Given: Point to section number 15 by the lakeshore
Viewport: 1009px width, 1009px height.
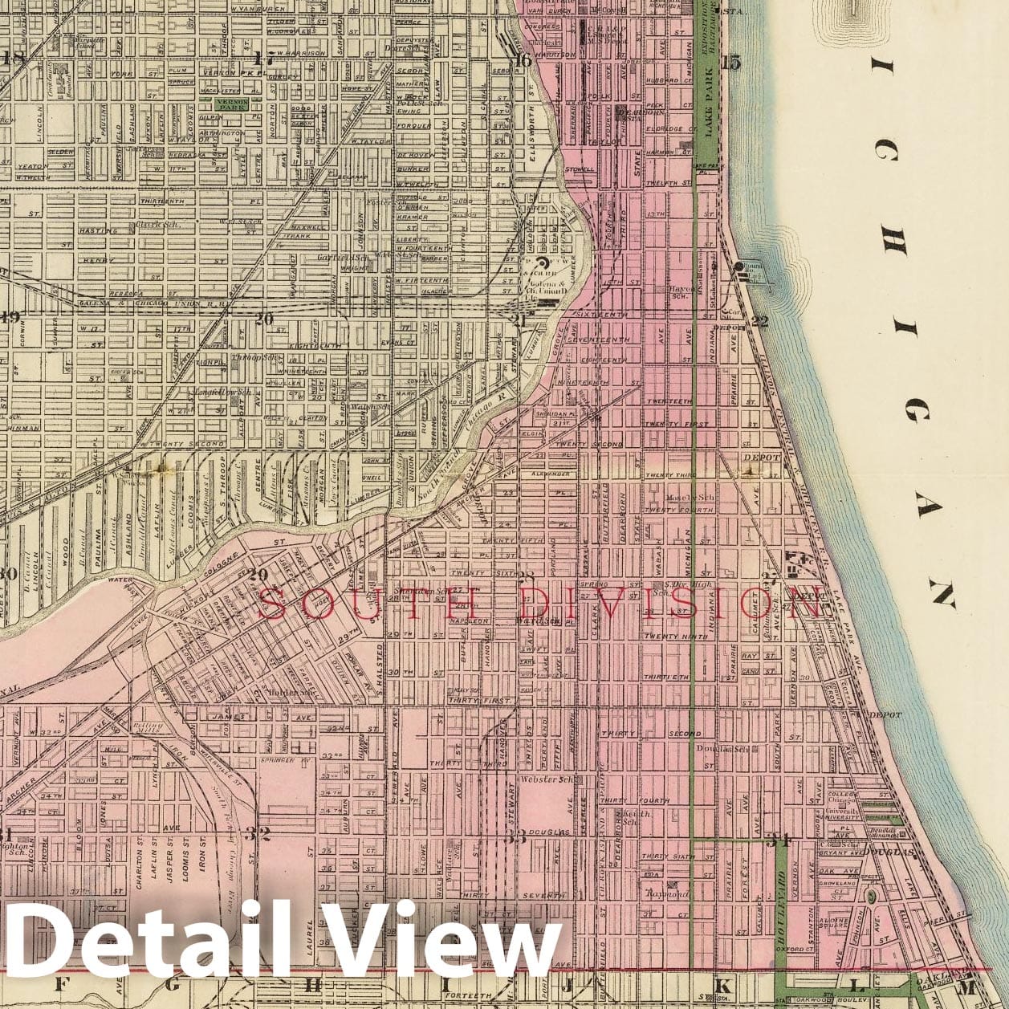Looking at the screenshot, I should point(730,63).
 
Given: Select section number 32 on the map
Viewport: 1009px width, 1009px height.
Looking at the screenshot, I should point(257,833).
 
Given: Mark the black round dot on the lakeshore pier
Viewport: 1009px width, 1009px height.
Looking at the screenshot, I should point(738,266).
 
